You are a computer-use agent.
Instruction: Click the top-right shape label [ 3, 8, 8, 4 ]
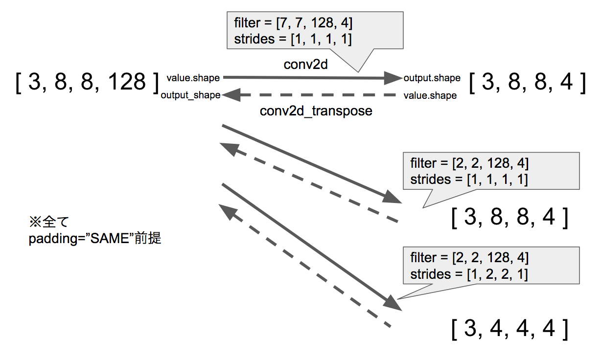tap(528, 83)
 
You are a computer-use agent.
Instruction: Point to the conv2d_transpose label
tap(316, 111)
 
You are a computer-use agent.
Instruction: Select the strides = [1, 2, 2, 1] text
tap(469, 274)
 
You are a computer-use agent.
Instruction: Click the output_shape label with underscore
tap(190, 95)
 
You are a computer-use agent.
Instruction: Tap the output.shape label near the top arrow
tap(432, 78)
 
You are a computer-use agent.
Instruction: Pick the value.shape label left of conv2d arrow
tap(193, 78)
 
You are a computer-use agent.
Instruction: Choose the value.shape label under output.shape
tap(430, 96)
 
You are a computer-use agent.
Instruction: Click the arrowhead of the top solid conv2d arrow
tap(393, 77)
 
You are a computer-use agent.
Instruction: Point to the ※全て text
tap(49, 223)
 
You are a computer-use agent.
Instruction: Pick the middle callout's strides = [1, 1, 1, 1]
tap(469, 179)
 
